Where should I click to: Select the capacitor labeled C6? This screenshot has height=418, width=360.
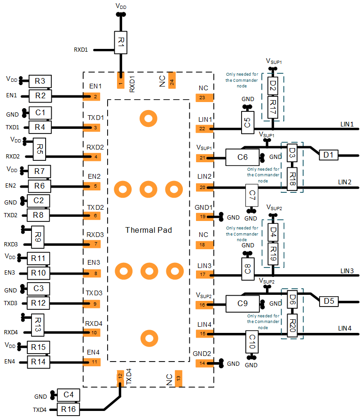[x=243, y=158]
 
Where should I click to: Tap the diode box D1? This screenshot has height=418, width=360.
[x=328, y=155]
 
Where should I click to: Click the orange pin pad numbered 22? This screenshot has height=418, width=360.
[x=204, y=128]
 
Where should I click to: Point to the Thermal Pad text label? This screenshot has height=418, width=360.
[x=149, y=230]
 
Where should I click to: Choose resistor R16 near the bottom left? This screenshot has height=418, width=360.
[x=69, y=410]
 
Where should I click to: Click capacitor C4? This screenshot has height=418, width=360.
[x=69, y=395]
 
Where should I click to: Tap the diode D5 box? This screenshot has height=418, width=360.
[x=328, y=300]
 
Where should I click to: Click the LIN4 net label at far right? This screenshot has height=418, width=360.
[x=345, y=328]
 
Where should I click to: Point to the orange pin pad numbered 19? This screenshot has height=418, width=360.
[x=204, y=217]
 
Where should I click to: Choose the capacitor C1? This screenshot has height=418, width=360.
[x=40, y=113]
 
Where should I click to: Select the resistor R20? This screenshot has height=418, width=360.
[x=292, y=325]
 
